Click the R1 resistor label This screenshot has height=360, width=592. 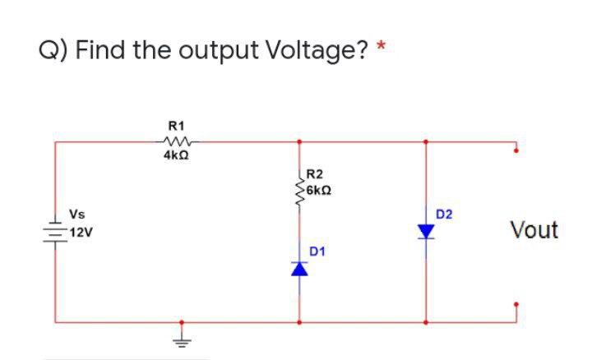[x=175, y=126]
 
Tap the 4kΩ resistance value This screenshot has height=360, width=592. [x=175, y=155]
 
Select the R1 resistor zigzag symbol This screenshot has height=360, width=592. [x=176, y=141]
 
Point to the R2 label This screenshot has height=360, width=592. [x=314, y=174]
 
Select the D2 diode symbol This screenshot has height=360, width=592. [x=426, y=233]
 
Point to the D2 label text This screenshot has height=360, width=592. [x=445, y=215]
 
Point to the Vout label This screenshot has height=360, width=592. [x=534, y=229]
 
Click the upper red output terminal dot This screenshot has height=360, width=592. [x=516, y=150]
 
